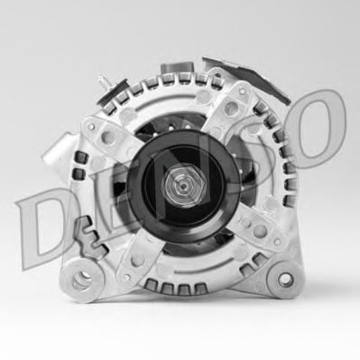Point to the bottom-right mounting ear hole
click(x=284, y=280)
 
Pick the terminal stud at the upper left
click(x=102, y=83)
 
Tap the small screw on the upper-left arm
click(x=91, y=127)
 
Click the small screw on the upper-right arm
click(x=242, y=92)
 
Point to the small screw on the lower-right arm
click(x=278, y=242)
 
